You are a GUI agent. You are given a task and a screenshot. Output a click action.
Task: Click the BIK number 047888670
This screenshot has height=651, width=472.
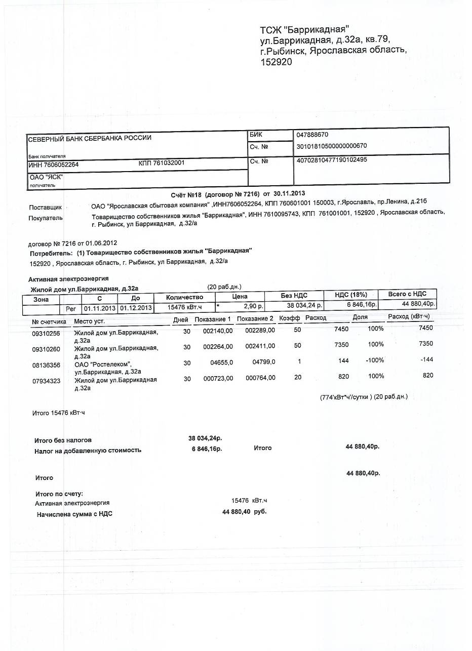point(312,135)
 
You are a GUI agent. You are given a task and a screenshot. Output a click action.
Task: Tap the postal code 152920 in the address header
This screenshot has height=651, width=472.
point(276,62)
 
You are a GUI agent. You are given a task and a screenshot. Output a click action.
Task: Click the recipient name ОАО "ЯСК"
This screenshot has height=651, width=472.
point(46,178)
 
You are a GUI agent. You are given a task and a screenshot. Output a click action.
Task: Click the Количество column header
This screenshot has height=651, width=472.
point(184,297)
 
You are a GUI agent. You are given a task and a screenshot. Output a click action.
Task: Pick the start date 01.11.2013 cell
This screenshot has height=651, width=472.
point(100,308)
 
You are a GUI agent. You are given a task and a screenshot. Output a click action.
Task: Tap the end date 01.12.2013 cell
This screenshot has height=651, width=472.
point(136,308)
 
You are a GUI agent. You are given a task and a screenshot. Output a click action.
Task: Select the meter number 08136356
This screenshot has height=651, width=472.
point(46,365)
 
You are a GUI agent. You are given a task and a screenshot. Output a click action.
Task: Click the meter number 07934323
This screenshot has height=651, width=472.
point(46,381)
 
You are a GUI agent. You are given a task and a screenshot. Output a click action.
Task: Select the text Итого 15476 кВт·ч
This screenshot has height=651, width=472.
point(59,414)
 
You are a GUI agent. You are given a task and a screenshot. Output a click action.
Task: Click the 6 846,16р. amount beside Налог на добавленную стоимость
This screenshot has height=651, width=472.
point(207,449)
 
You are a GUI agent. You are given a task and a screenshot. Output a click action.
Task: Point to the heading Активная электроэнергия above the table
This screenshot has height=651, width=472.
point(68,279)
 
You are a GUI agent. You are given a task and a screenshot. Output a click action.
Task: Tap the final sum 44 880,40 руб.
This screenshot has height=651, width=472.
point(244,512)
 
